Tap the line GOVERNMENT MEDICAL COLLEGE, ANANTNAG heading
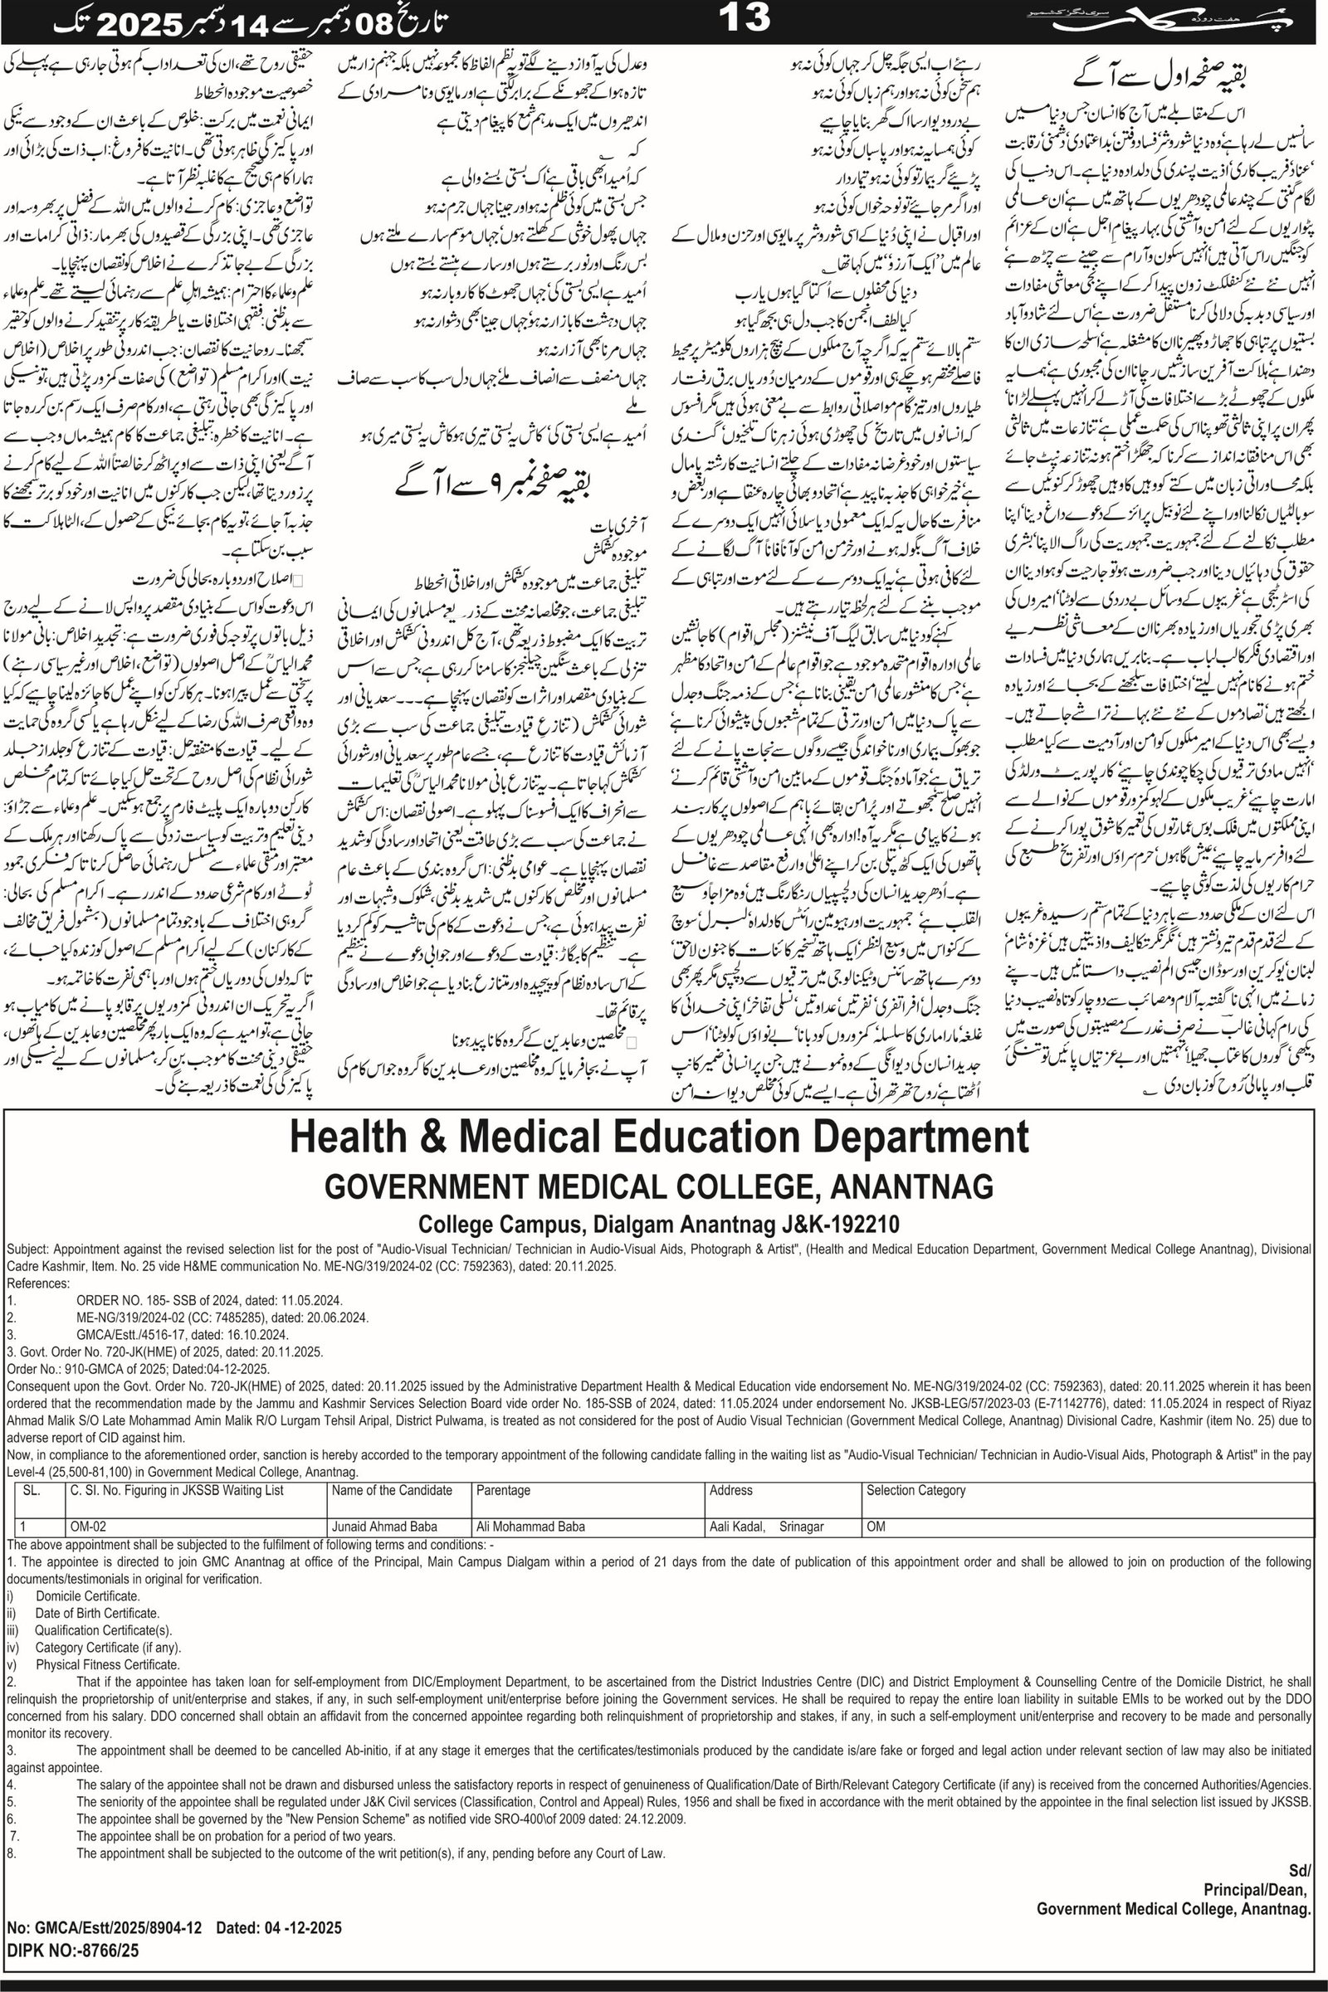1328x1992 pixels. pos(659,1187)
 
